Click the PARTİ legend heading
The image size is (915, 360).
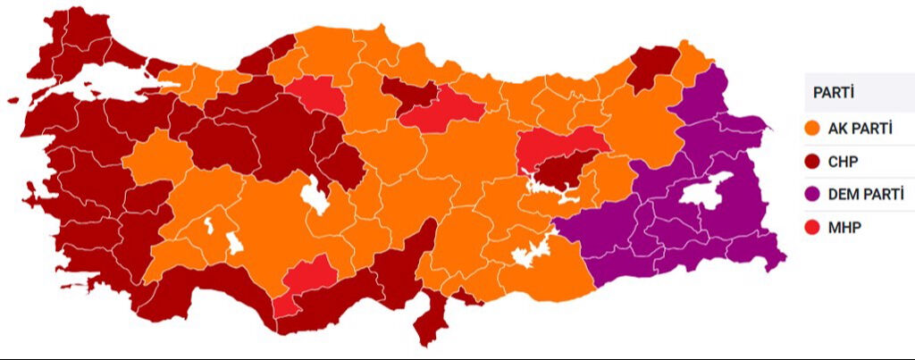832,93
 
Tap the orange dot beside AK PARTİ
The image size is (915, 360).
813,129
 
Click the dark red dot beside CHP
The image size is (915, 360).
813,162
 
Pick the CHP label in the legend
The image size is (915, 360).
844,162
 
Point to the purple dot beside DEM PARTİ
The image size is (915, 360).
813,194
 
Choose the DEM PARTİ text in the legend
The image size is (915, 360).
866,194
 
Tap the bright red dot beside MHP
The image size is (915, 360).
813,227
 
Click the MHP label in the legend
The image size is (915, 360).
844,227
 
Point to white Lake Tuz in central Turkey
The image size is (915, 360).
315,196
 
